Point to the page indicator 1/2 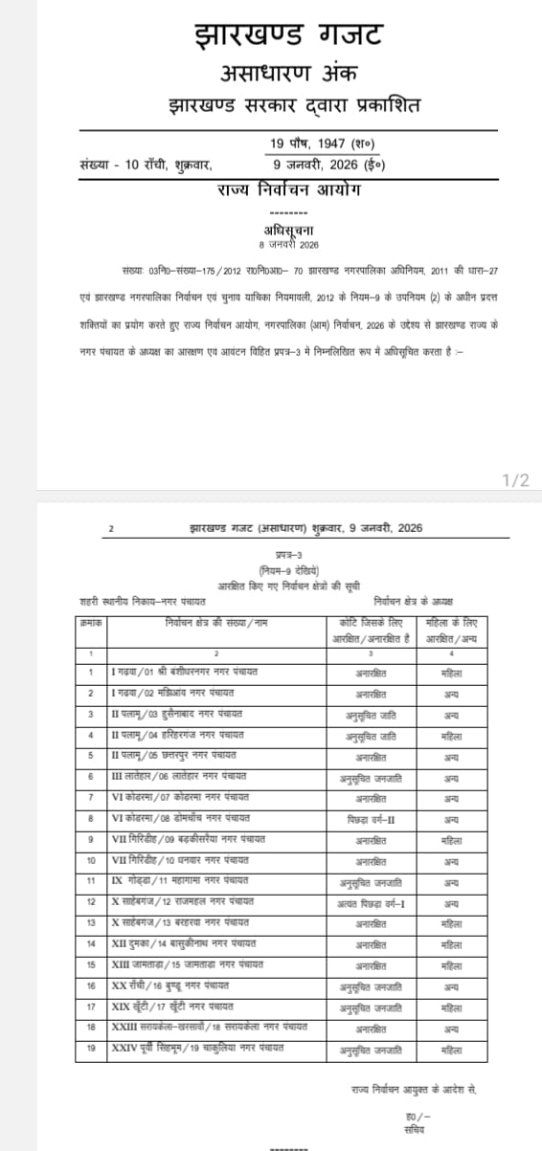click(515, 479)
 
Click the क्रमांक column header click(92, 623)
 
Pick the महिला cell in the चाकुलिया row click(451, 1050)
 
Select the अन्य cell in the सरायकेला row click(451, 1029)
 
